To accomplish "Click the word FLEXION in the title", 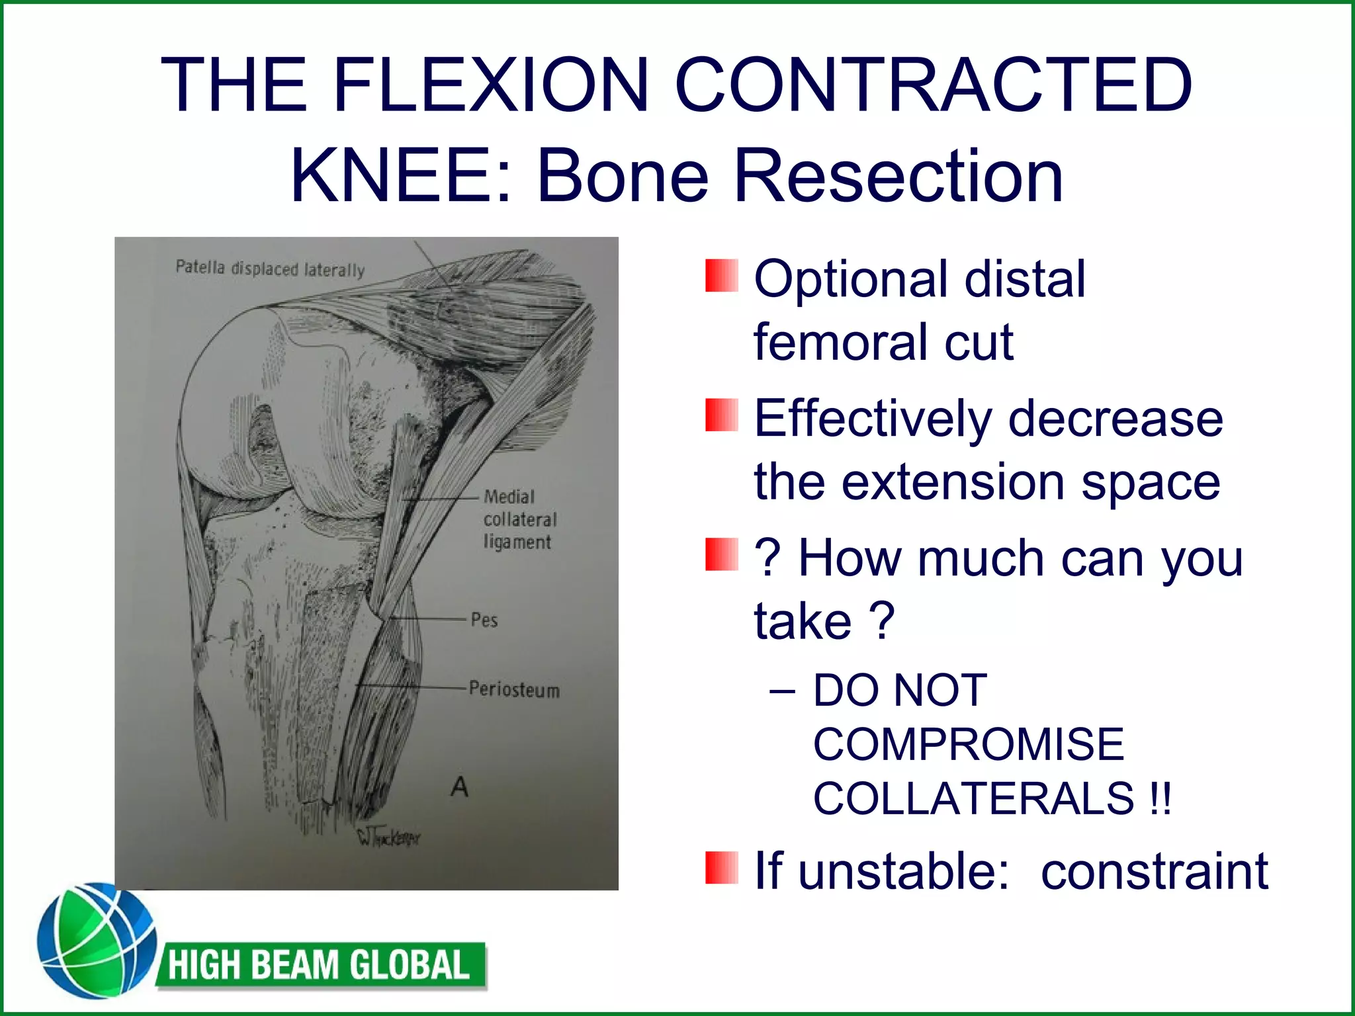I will point(490,85).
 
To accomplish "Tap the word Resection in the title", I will point(898,176).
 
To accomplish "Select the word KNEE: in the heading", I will point(402,176).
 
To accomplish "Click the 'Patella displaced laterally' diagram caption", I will point(270,269).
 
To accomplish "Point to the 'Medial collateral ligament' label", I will point(519,519).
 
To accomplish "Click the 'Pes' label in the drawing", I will point(484,620).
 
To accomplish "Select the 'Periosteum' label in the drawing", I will point(514,689).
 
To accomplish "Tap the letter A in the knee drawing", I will point(459,787).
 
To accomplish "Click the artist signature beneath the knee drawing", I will point(388,838).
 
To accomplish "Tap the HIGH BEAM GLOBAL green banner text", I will point(320,965).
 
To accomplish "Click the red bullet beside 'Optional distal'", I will point(721,276).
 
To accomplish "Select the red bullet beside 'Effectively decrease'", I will point(721,415).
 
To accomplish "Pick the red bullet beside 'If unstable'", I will point(721,868).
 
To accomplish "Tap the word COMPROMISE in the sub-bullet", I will point(969,744).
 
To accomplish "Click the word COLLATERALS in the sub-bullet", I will point(973,798).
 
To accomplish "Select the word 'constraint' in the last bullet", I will point(1155,872).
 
